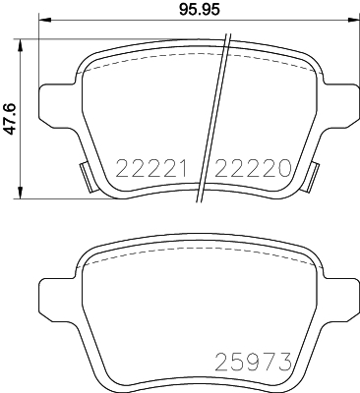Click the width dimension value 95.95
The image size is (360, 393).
(x=200, y=9)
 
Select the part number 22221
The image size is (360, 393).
(x=151, y=168)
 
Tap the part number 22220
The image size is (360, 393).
(x=253, y=168)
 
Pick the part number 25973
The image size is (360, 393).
(x=253, y=362)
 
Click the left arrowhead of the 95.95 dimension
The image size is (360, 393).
(x=45, y=20)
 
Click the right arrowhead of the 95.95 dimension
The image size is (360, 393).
(x=352, y=20)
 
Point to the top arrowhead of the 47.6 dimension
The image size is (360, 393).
(x=21, y=45)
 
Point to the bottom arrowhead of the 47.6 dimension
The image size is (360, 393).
(x=21, y=193)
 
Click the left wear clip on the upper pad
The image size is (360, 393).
(x=87, y=177)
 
